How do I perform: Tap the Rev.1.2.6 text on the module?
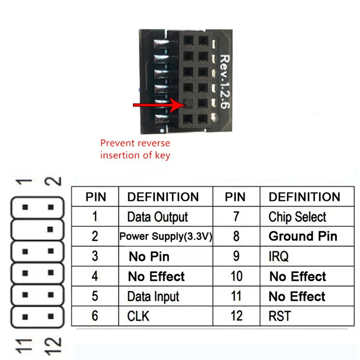click(226, 82)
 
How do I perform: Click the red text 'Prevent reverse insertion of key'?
click(135, 149)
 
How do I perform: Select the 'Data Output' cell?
click(157, 217)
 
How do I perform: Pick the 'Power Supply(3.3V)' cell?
click(166, 236)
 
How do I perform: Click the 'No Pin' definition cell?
click(149, 256)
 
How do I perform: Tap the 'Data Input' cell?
click(153, 296)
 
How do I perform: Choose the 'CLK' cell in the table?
click(138, 316)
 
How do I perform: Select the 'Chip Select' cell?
click(297, 217)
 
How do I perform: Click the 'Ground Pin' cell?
click(303, 236)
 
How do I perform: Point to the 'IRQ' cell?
click(278, 256)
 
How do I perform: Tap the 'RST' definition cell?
click(280, 316)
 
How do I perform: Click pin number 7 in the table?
click(236, 217)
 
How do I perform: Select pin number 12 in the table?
click(236, 316)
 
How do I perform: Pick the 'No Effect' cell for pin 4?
click(156, 276)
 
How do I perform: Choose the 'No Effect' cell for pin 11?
click(297, 296)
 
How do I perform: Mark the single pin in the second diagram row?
click(50, 229)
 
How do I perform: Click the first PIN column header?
click(96, 197)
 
